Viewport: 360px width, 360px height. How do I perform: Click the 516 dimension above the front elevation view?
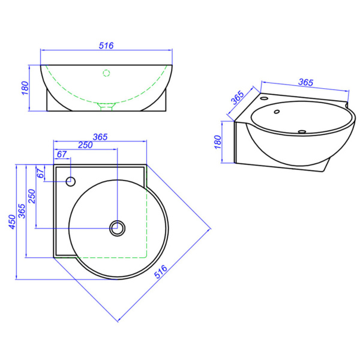click(x=106, y=46)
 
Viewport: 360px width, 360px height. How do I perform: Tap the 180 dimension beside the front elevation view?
click(x=25, y=88)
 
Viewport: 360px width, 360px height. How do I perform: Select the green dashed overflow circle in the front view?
click(x=106, y=73)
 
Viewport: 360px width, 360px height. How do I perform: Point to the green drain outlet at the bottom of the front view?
click(x=106, y=107)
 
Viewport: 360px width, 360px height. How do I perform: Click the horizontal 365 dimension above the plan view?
click(x=100, y=137)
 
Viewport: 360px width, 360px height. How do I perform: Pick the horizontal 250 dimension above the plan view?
click(x=85, y=145)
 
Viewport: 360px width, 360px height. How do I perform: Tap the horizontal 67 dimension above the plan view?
click(x=62, y=154)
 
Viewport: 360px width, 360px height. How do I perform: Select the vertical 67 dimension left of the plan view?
click(x=40, y=173)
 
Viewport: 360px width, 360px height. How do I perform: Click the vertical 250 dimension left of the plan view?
click(x=31, y=196)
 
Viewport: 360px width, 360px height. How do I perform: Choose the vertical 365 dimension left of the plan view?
click(x=22, y=211)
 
